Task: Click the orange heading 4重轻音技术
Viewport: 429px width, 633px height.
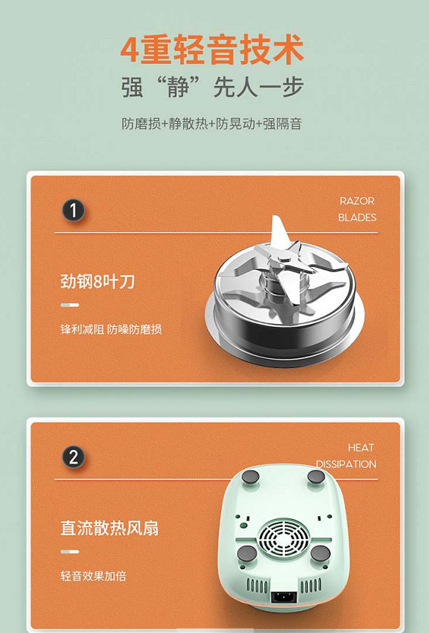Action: point(212,49)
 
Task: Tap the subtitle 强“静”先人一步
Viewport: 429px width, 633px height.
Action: point(212,86)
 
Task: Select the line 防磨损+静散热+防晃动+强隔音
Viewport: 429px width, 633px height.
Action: point(212,123)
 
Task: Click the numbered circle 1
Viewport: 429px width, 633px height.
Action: point(73,210)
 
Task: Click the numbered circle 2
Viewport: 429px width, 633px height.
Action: point(73,457)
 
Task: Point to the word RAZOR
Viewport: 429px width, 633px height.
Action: point(357,201)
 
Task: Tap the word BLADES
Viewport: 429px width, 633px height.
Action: point(357,217)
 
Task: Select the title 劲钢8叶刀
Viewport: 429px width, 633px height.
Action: point(98,281)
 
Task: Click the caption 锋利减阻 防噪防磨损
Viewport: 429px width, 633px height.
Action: point(111,330)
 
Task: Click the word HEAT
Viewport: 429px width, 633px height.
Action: point(361,447)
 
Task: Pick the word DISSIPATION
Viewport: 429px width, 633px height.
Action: point(346,464)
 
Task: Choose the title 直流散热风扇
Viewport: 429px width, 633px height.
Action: point(110,528)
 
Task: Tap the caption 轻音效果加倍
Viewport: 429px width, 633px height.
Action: point(93,575)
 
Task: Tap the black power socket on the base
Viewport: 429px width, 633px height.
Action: point(284,597)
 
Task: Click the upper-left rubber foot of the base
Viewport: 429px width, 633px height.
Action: point(250,477)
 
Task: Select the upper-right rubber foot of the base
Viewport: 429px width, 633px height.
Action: point(316,477)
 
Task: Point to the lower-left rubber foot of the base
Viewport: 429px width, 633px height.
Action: point(247,554)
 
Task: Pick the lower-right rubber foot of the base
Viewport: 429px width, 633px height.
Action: point(320,554)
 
